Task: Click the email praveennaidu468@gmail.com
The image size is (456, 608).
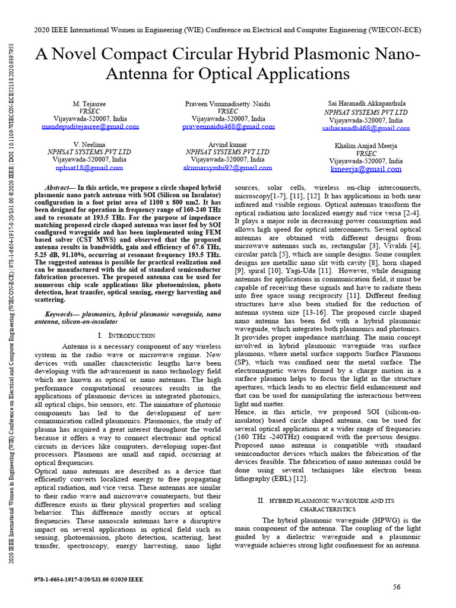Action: [229, 126]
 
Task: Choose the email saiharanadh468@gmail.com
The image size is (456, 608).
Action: [366, 128]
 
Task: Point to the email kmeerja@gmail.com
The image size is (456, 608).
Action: [366, 169]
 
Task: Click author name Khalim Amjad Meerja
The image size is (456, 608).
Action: [366, 145]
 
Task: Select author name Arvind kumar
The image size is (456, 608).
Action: [229, 144]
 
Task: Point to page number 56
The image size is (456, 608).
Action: [397, 587]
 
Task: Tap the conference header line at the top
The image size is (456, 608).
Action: [228, 30]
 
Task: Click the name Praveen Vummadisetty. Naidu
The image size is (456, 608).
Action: [229, 104]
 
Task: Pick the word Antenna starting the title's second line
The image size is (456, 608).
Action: [137, 75]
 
